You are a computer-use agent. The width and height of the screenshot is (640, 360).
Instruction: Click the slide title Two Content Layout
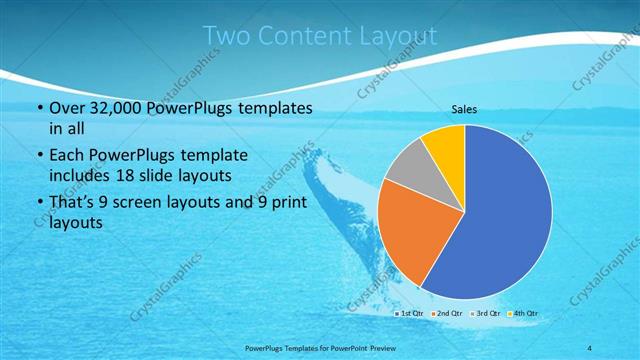pyautogui.click(x=319, y=36)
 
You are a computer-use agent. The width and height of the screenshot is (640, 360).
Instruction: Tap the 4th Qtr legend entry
pyautogui.click(x=524, y=313)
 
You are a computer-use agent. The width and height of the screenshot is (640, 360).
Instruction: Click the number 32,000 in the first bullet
pyautogui.click(x=108, y=108)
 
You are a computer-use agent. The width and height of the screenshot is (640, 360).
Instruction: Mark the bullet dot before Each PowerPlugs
pyautogui.click(x=39, y=156)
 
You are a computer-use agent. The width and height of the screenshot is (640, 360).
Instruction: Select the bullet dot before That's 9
pyautogui.click(x=39, y=204)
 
